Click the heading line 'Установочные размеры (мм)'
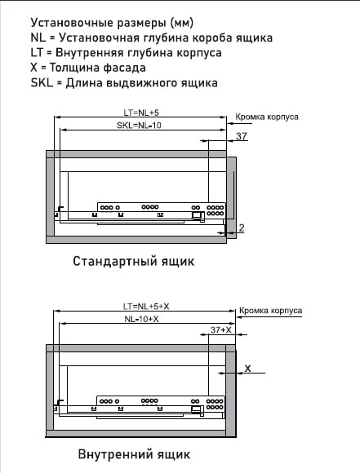coord(112,23)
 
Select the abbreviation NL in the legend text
coord(38,38)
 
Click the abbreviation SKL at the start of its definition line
coord(42,82)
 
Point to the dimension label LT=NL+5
coord(141,113)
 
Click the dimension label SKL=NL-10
coord(139,125)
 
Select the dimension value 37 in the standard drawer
coord(242,136)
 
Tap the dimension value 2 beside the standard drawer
coord(242,228)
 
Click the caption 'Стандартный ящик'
coord(134,261)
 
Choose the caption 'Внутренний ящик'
coord(134,453)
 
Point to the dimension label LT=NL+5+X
coord(146,306)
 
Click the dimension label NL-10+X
coord(141,319)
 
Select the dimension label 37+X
coord(221,329)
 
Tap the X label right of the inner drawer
coord(247,369)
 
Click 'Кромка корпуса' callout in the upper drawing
coord(267,117)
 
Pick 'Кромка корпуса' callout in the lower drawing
coord(270,311)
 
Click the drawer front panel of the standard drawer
coord(232,197)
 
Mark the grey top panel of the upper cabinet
coord(136,154)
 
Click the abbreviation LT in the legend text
coord(37,52)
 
